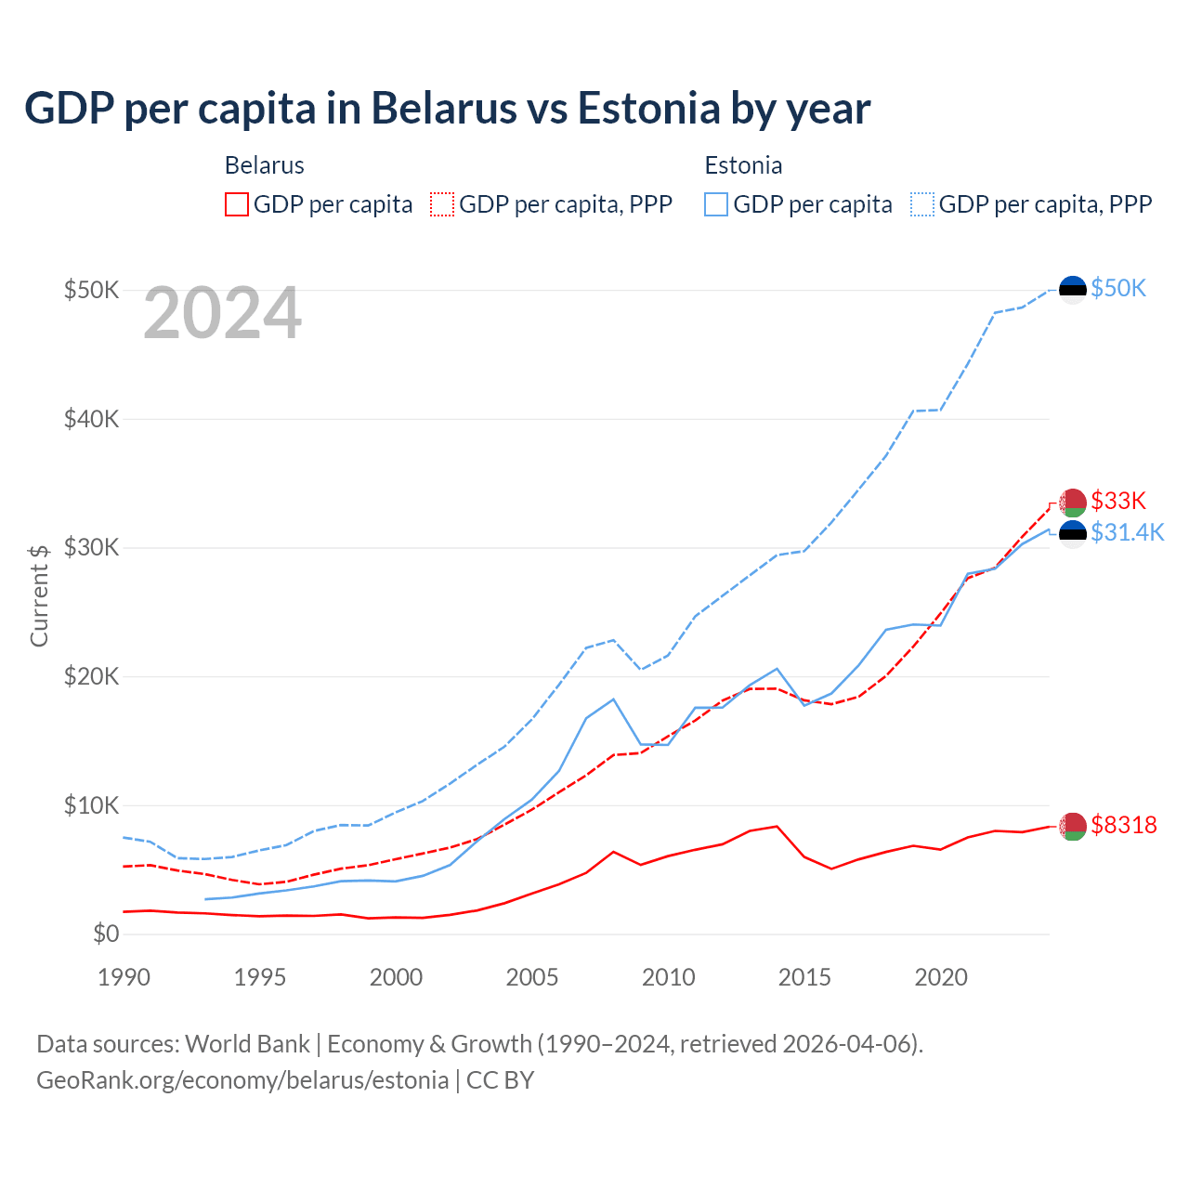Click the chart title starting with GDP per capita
pyautogui.click(x=447, y=108)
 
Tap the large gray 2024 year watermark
pyautogui.click(x=222, y=314)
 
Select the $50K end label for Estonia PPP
pyautogui.click(x=1118, y=289)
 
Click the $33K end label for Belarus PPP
pyautogui.click(x=1118, y=502)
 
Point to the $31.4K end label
pyautogui.click(x=1127, y=532)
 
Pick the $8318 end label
pyautogui.click(x=1123, y=825)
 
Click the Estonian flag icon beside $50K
pyautogui.click(x=1073, y=290)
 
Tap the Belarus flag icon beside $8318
pyautogui.click(x=1073, y=826)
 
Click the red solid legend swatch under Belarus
pyautogui.click(x=237, y=204)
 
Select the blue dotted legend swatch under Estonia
pyautogui.click(x=922, y=204)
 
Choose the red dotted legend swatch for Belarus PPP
pyautogui.click(x=442, y=204)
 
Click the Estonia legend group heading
pyautogui.click(x=743, y=165)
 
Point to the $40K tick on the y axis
pyautogui.click(x=91, y=419)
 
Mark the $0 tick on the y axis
pyautogui.click(x=106, y=934)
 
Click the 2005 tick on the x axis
pyautogui.click(x=532, y=977)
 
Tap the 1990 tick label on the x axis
pyautogui.click(x=124, y=977)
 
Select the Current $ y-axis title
pyautogui.click(x=39, y=595)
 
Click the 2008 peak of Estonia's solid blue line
pyautogui.click(x=613, y=699)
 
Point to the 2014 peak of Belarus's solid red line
pyautogui.click(x=777, y=826)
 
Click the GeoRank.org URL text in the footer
pyautogui.click(x=242, y=1080)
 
